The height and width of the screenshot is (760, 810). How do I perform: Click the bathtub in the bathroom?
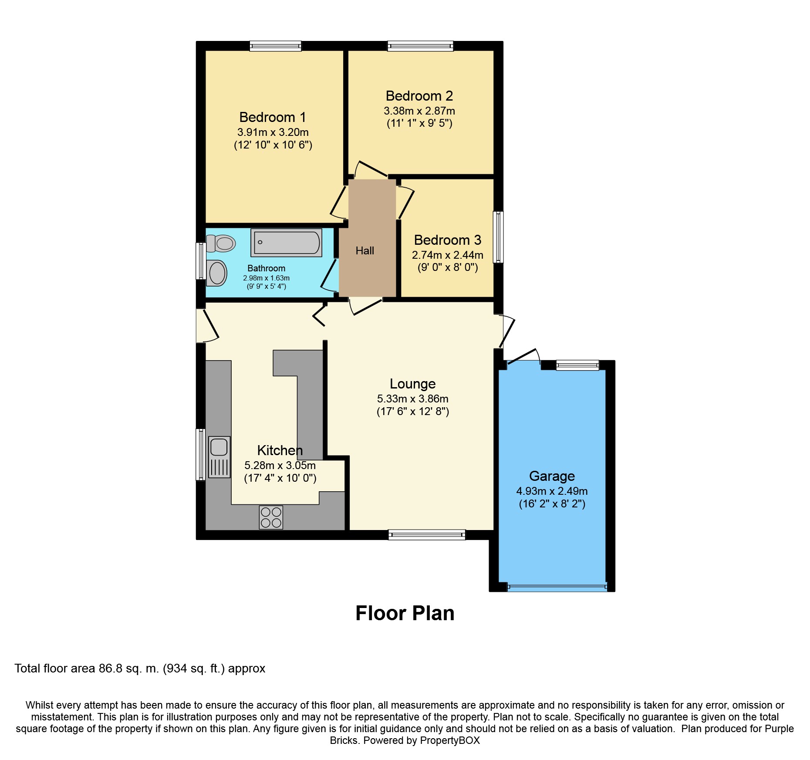click(x=286, y=243)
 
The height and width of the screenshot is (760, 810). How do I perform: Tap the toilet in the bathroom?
click(x=221, y=243)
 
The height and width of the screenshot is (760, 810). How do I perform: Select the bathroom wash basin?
click(x=216, y=273)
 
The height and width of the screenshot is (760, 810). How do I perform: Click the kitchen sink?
click(x=219, y=457)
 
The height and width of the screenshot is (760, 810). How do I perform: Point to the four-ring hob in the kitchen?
click(x=271, y=517)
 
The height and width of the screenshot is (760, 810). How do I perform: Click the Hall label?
click(x=365, y=251)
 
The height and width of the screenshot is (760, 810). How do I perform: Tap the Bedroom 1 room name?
click(x=273, y=117)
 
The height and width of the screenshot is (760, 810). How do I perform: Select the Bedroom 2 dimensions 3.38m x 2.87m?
click(x=419, y=111)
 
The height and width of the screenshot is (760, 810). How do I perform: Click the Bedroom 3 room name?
click(x=448, y=240)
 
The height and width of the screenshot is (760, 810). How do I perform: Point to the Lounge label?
click(x=413, y=384)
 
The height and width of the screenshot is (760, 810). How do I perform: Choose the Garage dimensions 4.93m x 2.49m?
click(x=552, y=491)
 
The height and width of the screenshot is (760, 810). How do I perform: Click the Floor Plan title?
click(x=405, y=613)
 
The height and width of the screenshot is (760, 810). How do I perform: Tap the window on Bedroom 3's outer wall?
click(x=498, y=237)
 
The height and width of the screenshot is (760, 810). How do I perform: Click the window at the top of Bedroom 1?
click(x=276, y=46)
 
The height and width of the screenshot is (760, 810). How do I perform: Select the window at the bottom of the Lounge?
click(x=427, y=535)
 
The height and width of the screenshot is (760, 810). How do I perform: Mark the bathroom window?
click(x=201, y=261)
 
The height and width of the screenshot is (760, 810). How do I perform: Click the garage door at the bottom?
click(x=557, y=588)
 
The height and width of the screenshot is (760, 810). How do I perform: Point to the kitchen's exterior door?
click(x=207, y=326)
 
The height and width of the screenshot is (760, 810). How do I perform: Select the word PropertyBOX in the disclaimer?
click(x=450, y=740)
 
